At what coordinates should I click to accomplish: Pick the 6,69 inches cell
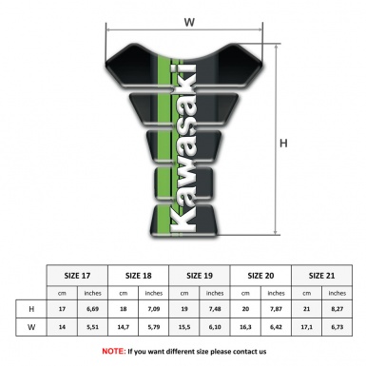click(x=94, y=309)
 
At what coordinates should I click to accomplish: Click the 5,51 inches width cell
click(x=94, y=325)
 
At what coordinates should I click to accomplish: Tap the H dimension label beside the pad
click(x=283, y=144)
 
